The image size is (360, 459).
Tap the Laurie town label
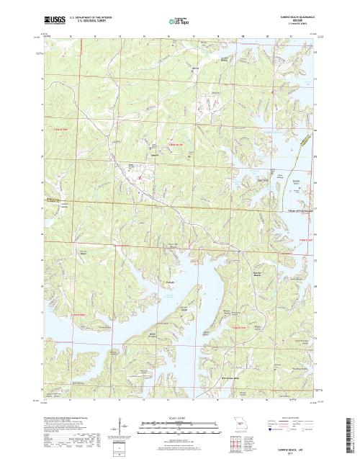(154, 155)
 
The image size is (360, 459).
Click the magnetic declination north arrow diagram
(115, 432)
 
